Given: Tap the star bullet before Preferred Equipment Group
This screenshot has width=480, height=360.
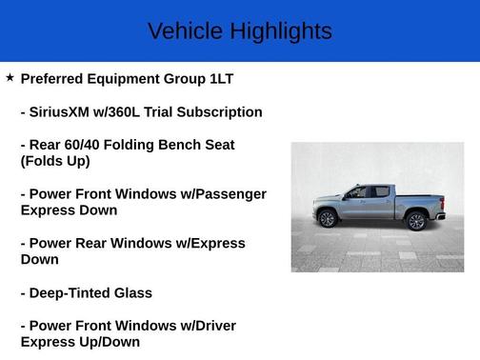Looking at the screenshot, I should tap(10, 78).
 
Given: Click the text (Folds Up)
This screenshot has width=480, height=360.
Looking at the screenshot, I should tap(55, 161).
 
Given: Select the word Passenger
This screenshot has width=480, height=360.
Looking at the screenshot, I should tap(230, 194).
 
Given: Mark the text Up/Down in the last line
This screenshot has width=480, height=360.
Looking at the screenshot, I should tap(106, 342).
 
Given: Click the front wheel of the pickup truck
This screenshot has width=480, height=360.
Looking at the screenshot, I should tap(328, 219).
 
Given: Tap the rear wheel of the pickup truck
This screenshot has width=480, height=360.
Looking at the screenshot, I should tap(415, 221).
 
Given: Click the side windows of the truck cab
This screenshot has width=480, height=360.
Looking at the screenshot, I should tap(368, 192).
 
